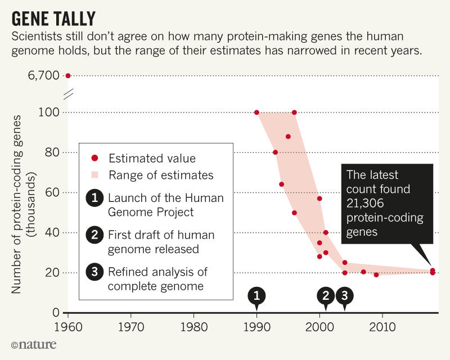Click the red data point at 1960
68,75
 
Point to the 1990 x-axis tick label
256,326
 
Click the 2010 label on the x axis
382,326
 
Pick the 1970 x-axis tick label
131,326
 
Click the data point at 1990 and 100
257,112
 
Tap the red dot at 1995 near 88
288,137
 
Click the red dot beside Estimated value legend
94,159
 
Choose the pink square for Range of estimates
94,175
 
